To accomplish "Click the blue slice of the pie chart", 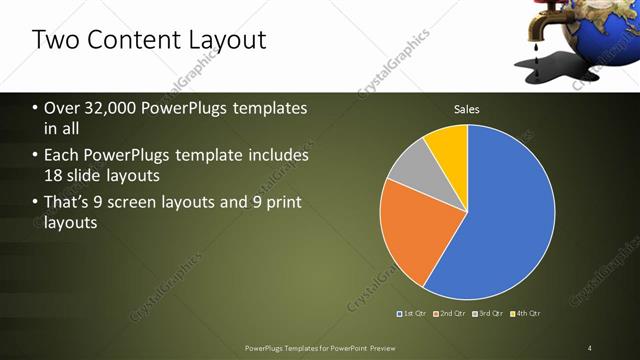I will pyautogui.click(x=500, y=220).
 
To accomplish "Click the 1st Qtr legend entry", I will pyautogui.click(x=413, y=313).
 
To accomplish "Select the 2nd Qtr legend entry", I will pyautogui.click(x=451, y=313).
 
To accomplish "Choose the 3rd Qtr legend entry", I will pyautogui.click(x=489, y=313).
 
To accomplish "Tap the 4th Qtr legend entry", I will pyautogui.click(x=527, y=313).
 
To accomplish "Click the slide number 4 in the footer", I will pyautogui.click(x=590, y=348).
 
